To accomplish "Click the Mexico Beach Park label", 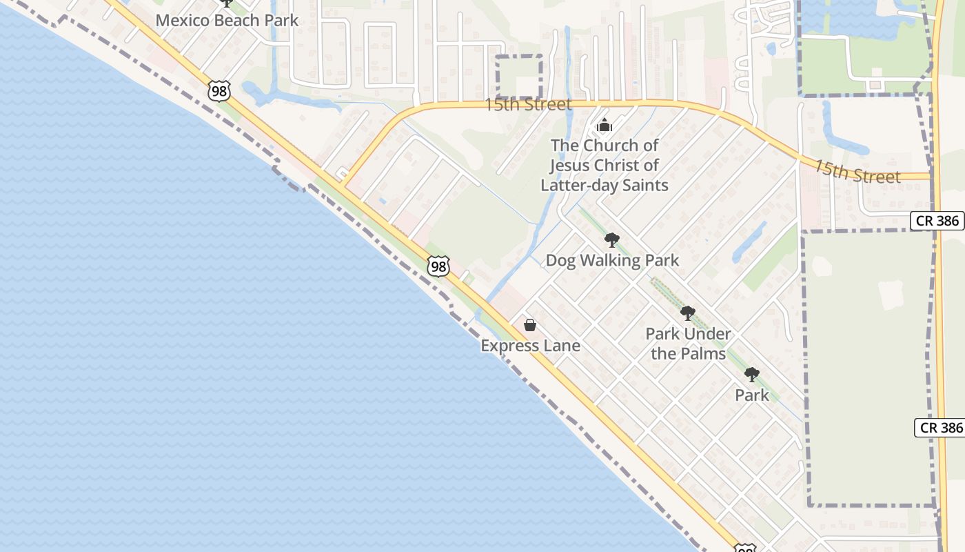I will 227,20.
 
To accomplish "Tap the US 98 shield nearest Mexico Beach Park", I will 219,91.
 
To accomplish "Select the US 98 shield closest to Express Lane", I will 438,266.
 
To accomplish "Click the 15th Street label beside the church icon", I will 528,105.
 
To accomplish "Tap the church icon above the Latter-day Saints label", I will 605,126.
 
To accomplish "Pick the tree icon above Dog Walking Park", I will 611,240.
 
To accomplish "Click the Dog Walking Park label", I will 612,261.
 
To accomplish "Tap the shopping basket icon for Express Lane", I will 530,325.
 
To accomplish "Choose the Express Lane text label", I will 530,346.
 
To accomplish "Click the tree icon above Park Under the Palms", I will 688,313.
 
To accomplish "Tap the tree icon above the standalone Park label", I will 752,375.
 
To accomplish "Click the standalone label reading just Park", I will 751,395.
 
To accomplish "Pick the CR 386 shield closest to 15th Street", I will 938,221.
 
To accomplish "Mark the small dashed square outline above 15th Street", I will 520,77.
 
